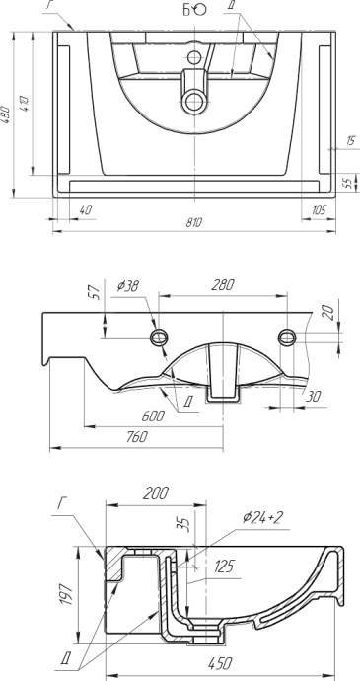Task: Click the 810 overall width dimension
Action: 194,223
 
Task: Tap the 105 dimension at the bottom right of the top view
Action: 318,209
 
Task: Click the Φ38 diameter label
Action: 126,286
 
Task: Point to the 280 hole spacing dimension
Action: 225,285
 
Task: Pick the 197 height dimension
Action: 66,595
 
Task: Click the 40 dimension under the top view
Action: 87,209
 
